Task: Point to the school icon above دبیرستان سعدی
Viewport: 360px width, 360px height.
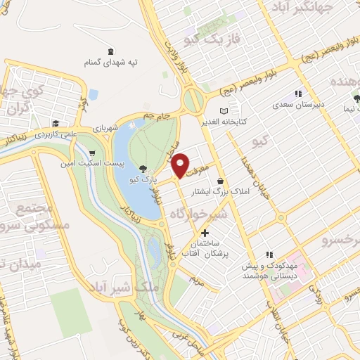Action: [x=298, y=92]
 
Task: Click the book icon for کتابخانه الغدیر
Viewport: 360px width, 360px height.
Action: [x=224, y=111]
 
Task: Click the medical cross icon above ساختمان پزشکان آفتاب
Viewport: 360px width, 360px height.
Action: [x=205, y=233]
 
